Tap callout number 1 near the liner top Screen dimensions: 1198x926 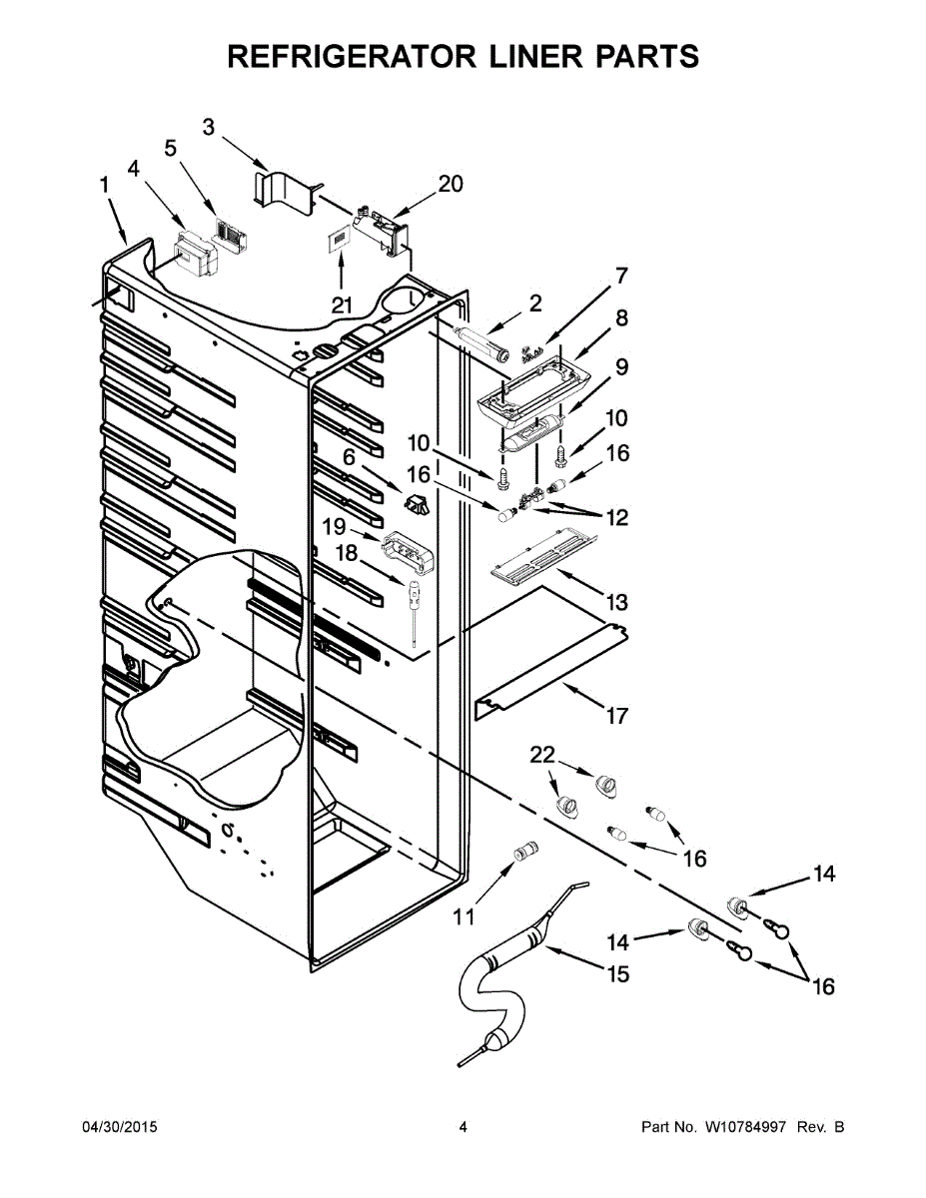tap(104, 185)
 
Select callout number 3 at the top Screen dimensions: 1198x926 tap(209, 127)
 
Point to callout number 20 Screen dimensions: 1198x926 tap(451, 184)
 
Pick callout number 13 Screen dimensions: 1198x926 tap(616, 602)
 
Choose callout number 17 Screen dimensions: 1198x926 tap(616, 715)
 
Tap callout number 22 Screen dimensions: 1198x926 tap(542, 757)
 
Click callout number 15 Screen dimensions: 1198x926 tap(618, 973)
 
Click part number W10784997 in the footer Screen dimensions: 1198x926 tap(748, 1127)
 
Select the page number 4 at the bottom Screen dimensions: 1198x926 tap(463, 1127)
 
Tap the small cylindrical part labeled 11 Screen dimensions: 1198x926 tap(524, 852)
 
